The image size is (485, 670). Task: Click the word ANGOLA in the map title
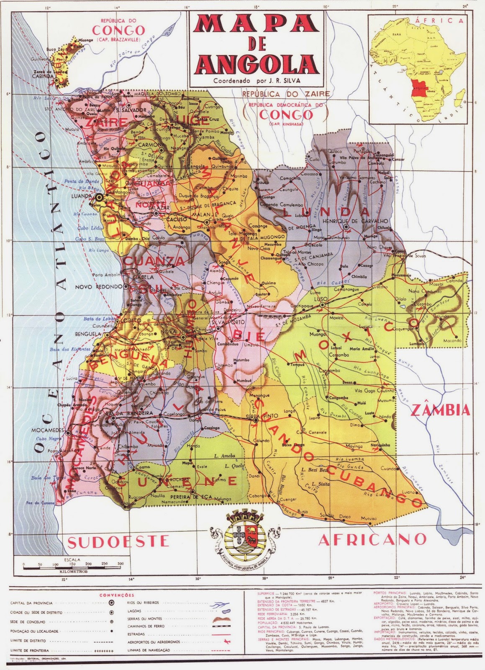pyautogui.click(x=257, y=64)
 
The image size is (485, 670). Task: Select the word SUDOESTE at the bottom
pyautogui.click(x=118, y=542)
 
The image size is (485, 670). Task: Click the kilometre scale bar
pyautogui.click(x=74, y=569)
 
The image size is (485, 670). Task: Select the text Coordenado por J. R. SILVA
pyautogui.click(x=257, y=81)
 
